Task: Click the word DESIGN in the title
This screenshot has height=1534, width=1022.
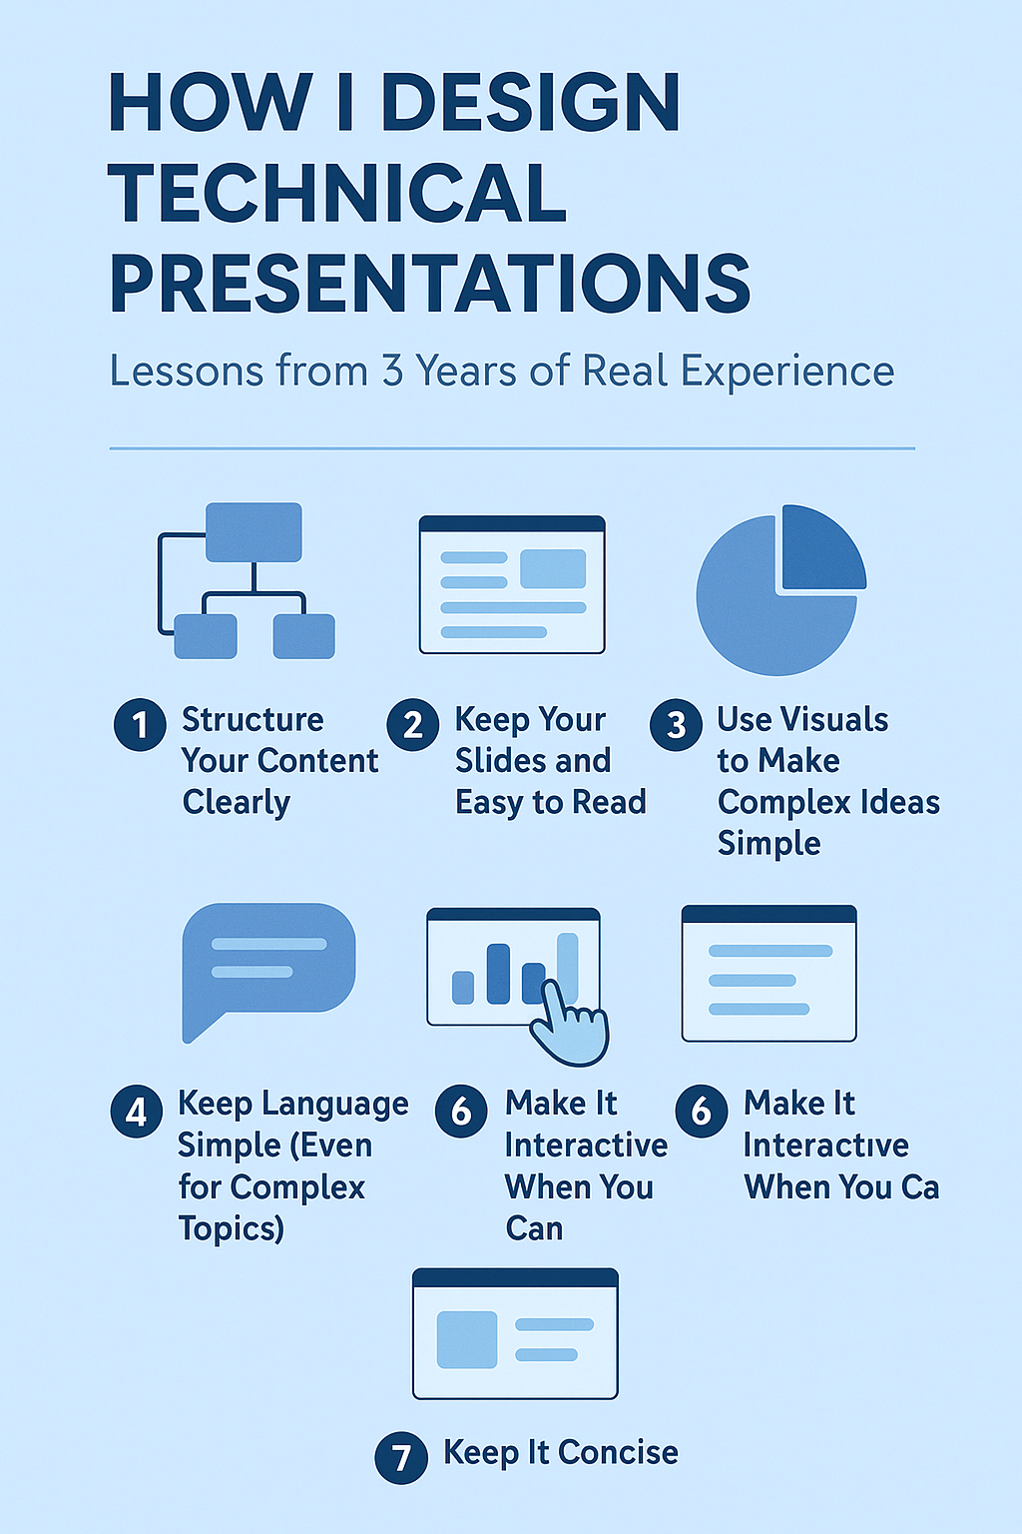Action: [531, 102]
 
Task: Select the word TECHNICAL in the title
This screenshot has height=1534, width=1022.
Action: [337, 193]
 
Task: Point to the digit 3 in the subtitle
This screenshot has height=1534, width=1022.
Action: [392, 371]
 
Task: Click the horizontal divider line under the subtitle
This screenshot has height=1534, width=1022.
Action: [512, 448]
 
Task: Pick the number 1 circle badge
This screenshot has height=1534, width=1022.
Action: [140, 724]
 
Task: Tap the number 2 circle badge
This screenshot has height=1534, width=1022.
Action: [413, 724]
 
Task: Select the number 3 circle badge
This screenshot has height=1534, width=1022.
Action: [676, 724]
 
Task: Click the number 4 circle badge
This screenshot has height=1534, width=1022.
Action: [136, 1111]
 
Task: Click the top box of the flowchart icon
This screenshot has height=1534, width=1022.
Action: [254, 532]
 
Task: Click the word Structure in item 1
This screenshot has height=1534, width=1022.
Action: [253, 720]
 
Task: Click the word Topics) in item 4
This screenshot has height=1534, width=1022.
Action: [232, 1228]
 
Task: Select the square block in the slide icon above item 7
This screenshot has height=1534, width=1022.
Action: [467, 1339]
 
